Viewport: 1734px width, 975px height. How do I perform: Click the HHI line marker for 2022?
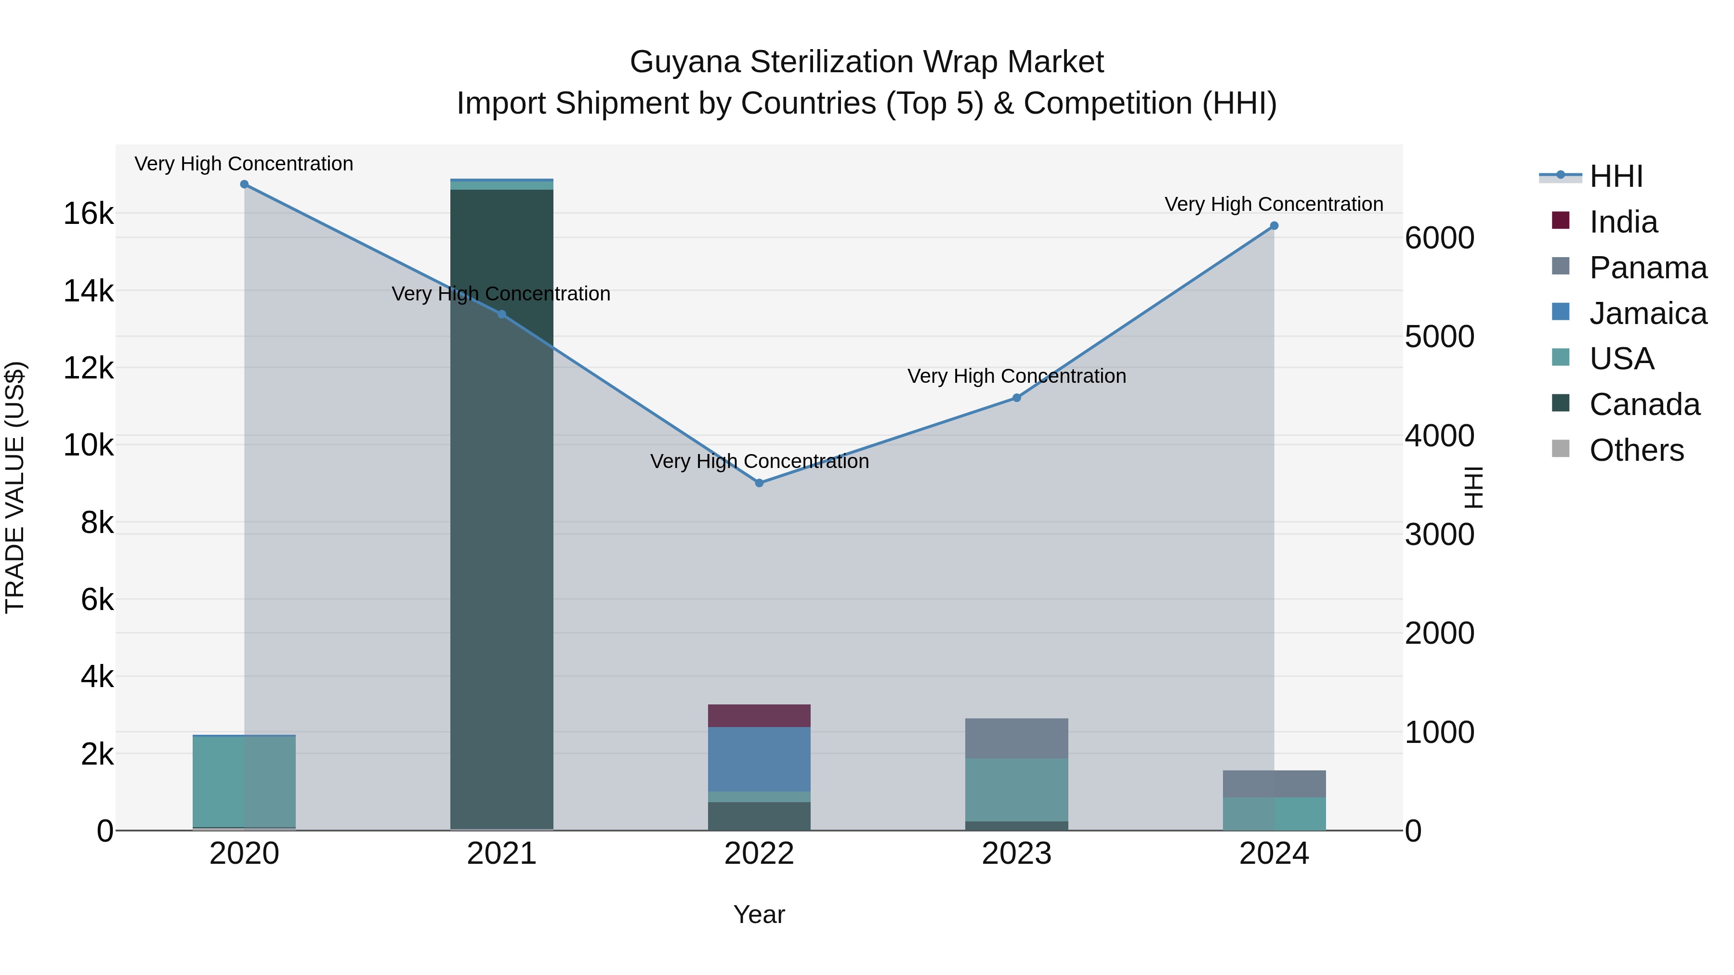(x=759, y=483)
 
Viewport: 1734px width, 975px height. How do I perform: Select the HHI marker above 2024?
(x=1274, y=226)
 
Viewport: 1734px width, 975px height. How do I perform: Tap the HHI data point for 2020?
(x=244, y=184)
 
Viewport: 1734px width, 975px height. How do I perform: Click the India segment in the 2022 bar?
(x=759, y=716)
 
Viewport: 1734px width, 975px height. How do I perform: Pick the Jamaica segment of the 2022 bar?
(x=759, y=759)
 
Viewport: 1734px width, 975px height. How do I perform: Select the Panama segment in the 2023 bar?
(x=1016, y=738)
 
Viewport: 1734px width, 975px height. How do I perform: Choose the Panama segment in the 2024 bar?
(x=1274, y=784)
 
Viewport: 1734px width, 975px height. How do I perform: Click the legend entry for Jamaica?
(x=1648, y=313)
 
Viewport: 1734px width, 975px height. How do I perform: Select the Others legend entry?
(x=1636, y=450)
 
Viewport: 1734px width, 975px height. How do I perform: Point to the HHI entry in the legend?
(x=1616, y=176)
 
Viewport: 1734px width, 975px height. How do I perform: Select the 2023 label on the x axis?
(x=1016, y=854)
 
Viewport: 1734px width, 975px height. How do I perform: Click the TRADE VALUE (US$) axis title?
(x=15, y=487)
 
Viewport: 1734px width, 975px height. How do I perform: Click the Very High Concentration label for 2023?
(x=1016, y=376)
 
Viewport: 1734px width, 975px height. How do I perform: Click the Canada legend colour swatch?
(x=1560, y=403)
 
